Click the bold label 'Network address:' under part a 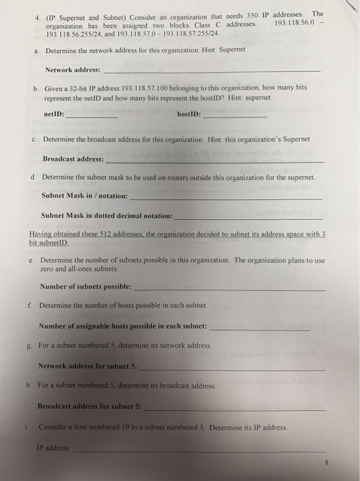point(72,70)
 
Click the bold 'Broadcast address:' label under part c point(74,159)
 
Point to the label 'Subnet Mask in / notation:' point(85,196)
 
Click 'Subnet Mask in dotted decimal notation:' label point(106,215)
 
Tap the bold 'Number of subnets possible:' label point(86,287)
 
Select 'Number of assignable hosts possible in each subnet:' point(123,325)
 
